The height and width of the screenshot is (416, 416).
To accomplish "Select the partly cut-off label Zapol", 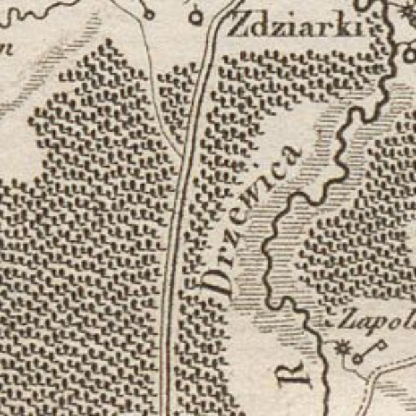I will tap(374, 320).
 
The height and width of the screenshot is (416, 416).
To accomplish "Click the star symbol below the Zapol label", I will tap(343, 347).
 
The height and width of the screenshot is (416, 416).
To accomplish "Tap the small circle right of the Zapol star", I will tap(358, 359).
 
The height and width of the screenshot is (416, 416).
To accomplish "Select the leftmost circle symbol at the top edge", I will tap(148, 13).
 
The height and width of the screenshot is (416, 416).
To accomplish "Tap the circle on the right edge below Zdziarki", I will tap(409, 55).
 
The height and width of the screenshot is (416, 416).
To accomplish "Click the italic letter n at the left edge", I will tap(7, 48).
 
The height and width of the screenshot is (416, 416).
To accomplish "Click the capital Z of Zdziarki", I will tap(237, 27).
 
